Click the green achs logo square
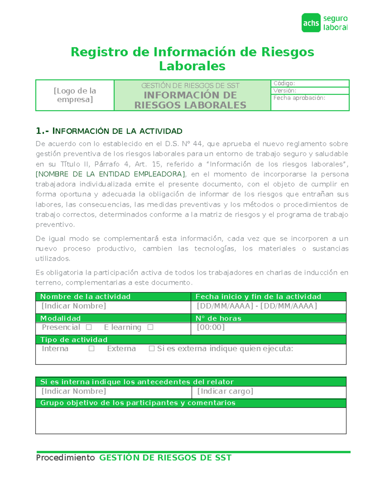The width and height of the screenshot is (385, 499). pyautogui.click(x=311, y=23)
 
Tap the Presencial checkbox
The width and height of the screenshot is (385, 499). pyautogui.click(x=89, y=327)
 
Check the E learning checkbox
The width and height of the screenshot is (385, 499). pyautogui.click(x=150, y=327)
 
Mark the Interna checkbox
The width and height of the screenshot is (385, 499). pyautogui.click(x=91, y=349)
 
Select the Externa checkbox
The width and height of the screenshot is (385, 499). pyautogui.click(x=152, y=349)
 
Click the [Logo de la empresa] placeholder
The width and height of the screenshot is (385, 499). pyautogui.click(x=75, y=95)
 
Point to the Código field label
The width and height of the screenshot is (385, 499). pyautogui.click(x=284, y=84)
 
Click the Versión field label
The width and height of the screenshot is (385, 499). pyautogui.click(x=285, y=91)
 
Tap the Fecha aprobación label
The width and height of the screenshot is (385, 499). pyautogui.click(x=299, y=98)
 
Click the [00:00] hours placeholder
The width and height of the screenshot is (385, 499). pyautogui.click(x=211, y=327)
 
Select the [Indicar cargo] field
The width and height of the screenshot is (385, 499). pyautogui.click(x=225, y=391)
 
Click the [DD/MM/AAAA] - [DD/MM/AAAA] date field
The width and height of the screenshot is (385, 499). pyautogui.click(x=257, y=306)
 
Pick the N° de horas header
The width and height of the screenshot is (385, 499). pyautogui.click(x=218, y=318)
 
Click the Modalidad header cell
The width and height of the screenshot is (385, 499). pyautogui.click(x=60, y=318)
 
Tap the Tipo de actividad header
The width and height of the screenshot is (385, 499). pyautogui.click(x=74, y=340)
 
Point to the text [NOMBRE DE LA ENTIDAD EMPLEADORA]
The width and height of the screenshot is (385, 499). pyautogui.click(x=110, y=174)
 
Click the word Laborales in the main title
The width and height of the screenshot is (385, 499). pyautogui.click(x=192, y=66)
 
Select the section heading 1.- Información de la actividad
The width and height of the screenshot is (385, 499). pyautogui.click(x=109, y=131)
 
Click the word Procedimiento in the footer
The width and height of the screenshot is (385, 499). pyautogui.click(x=65, y=458)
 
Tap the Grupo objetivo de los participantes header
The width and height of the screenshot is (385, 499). pyautogui.click(x=138, y=403)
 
